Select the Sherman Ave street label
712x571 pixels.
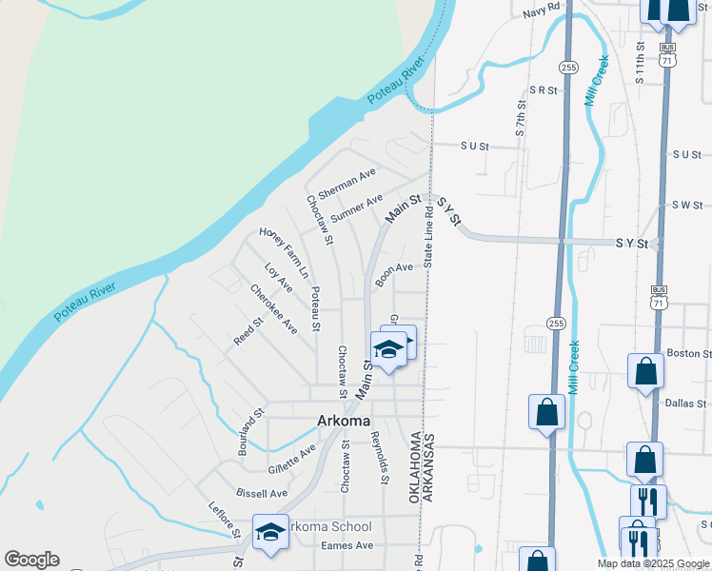coord(346,183)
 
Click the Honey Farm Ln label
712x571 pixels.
coord(285,252)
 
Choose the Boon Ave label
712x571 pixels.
coord(394,273)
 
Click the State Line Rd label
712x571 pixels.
coord(429,238)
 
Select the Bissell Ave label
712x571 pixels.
coord(262,494)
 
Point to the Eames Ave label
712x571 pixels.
coord(347,545)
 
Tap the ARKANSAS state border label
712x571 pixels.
coord(429,469)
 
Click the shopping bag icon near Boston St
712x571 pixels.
coord(645,371)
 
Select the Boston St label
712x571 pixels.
coord(689,353)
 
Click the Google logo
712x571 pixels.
coord(31,560)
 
